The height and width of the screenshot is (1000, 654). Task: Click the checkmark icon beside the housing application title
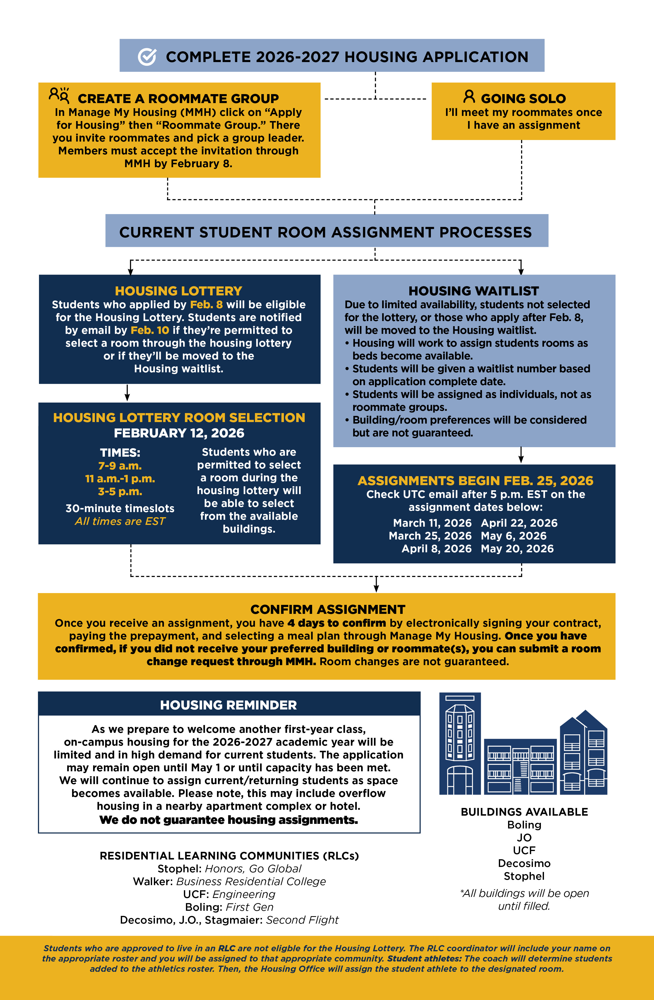tap(147, 57)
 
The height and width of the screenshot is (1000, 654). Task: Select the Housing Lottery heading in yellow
tap(179, 291)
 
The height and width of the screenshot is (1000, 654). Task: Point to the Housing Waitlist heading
tap(474, 291)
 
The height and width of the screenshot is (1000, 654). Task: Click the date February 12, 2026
tap(179, 433)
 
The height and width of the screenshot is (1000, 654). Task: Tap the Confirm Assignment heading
tap(328, 609)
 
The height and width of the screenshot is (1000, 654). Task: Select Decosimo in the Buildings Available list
tap(524, 863)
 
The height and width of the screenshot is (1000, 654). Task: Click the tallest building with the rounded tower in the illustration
tap(460, 744)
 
